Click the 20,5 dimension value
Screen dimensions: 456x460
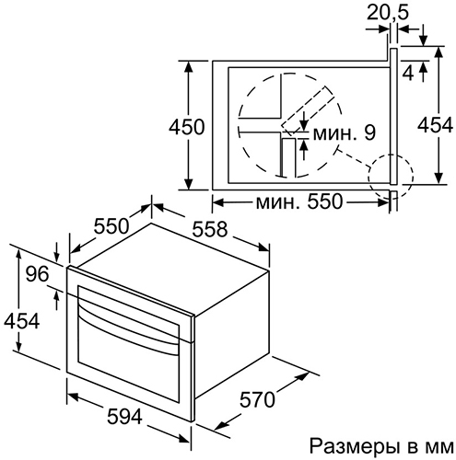(388, 13)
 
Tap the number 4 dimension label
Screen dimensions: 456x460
(408, 73)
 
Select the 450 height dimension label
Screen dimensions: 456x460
(186, 126)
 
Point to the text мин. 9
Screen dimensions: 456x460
(345, 132)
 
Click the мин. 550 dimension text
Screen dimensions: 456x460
(298, 201)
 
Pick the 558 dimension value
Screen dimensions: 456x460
(210, 229)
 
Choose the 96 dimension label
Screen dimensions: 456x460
(37, 273)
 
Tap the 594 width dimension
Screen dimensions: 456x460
(124, 417)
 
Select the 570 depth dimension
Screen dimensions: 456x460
(257, 399)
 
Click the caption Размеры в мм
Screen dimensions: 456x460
(381, 446)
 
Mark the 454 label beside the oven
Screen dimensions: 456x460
(21, 321)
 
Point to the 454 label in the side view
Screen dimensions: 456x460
(436, 124)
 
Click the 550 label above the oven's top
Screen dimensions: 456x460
(111, 226)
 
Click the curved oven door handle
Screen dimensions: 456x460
(128, 326)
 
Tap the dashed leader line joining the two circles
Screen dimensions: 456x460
(354, 158)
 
